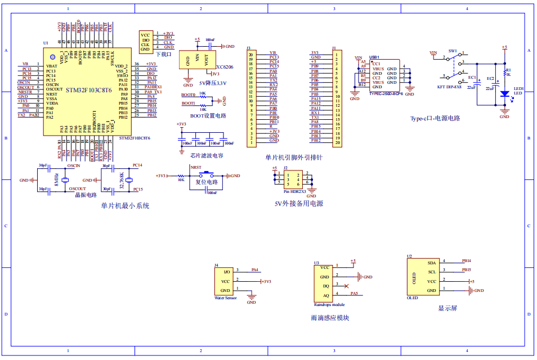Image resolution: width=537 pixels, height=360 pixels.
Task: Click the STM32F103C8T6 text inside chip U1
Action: click(88, 90)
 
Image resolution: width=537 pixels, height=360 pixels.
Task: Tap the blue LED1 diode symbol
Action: click(504, 94)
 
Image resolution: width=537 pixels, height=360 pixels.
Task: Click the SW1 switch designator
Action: click(453, 51)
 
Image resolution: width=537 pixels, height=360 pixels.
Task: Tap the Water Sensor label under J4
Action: click(226, 298)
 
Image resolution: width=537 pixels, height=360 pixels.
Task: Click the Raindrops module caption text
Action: click(329, 304)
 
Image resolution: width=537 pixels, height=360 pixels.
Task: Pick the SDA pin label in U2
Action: click(431, 263)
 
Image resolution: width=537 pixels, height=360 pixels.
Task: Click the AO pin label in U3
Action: click(326, 295)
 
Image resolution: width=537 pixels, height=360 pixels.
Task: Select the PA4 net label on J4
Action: click(255, 269)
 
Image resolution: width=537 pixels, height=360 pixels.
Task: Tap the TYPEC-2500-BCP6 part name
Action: click(386, 94)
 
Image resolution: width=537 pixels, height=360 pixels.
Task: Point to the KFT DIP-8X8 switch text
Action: click(449, 87)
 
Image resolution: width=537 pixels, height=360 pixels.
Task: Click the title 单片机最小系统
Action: click(125, 206)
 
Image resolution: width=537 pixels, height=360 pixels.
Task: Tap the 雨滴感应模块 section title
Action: click(329, 318)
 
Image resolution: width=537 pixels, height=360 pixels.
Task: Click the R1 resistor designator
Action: click(508, 69)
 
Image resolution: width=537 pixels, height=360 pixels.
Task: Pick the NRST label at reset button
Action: click(196, 167)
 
